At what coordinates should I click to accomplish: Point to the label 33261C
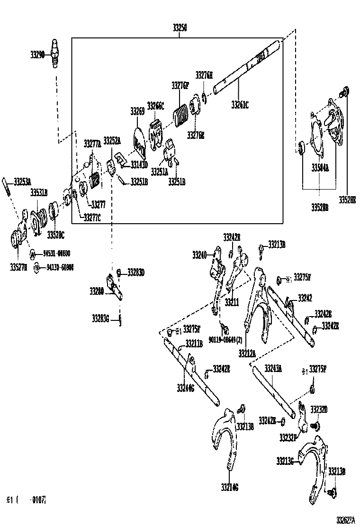[240, 105]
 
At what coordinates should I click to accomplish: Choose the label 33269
[137, 111]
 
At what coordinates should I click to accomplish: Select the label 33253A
[22, 181]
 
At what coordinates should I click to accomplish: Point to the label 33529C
[55, 235]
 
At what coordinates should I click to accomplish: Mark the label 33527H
[18, 268]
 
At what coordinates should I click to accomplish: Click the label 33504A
[320, 168]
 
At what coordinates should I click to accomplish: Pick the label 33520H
[347, 200]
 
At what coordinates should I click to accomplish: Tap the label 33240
[199, 255]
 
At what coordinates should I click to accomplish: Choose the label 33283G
[101, 318]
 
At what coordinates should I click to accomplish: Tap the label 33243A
[273, 368]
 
